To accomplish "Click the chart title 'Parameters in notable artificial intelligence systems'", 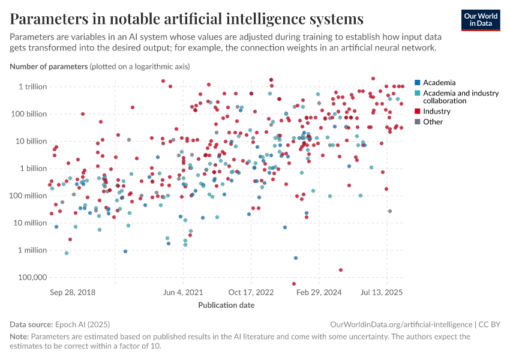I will [187, 19].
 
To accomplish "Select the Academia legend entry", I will [439, 82].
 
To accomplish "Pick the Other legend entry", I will [433, 122].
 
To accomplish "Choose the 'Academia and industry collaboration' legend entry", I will [460, 97].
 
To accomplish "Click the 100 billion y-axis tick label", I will [28, 113].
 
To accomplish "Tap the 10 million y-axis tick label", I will [29, 223].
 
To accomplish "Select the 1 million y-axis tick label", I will [32, 250].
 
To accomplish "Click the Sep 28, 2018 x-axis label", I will [73, 292].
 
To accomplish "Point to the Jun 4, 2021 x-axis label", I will [183, 292].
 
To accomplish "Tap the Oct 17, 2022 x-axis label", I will [251, 292].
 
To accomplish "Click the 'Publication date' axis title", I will [226, 305].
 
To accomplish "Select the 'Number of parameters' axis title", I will [49, 67].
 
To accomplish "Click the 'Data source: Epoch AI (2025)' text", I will [59, 324].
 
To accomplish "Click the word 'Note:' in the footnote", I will [19, 337].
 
